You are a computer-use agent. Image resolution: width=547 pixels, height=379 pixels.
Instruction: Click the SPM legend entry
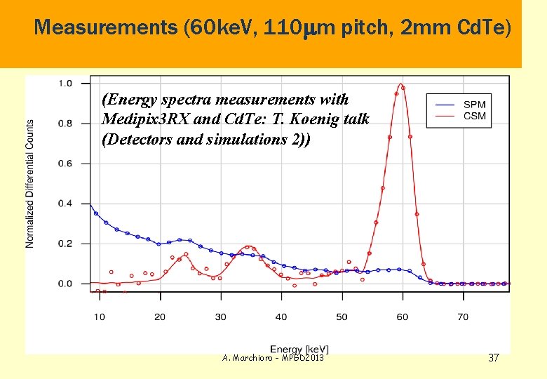pyautogui.click(x=474, y=105)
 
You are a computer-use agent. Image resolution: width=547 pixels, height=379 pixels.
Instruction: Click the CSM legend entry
pyautogui.click(x=474, y=116)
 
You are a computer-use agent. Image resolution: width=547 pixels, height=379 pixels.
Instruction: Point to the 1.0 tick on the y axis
pyautogui.click(x=64, y=84)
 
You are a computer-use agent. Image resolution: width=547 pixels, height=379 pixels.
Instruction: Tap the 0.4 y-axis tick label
pyautogui.click(x=64, y=204)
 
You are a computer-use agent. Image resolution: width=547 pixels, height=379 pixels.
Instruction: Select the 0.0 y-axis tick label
pyautogui.click(x=64, y=284)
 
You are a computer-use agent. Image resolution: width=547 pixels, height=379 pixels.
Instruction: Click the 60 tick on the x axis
pyautogui.click(x=402, y=317)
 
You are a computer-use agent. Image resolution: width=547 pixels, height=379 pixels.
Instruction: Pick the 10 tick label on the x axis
pyautogui.click(x=99, y=317)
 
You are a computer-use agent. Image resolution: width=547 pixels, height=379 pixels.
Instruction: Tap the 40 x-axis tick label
pyautogui.click(x=281, y=317)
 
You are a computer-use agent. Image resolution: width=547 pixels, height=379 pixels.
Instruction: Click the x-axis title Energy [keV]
pyautogui.click(x=299, y=349)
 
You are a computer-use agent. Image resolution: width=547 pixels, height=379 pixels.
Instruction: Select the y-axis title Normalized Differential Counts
pyautogui.click(x=30, y=183)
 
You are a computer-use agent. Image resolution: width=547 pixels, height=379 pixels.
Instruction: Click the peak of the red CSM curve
pyautogui.click(x=400, y=85)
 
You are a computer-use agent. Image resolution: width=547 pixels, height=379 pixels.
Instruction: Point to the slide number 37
pyautogui.click(x=493, y=358)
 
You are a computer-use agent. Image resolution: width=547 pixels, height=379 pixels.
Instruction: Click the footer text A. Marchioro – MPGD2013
pyautogui.click(x=273, y=358)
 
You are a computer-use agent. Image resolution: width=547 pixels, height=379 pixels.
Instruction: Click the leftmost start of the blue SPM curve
pyautogui.click(x=90, y=204)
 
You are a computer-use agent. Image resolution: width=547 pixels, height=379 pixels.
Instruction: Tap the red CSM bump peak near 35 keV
pyautogui.click(x=248, y=246)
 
